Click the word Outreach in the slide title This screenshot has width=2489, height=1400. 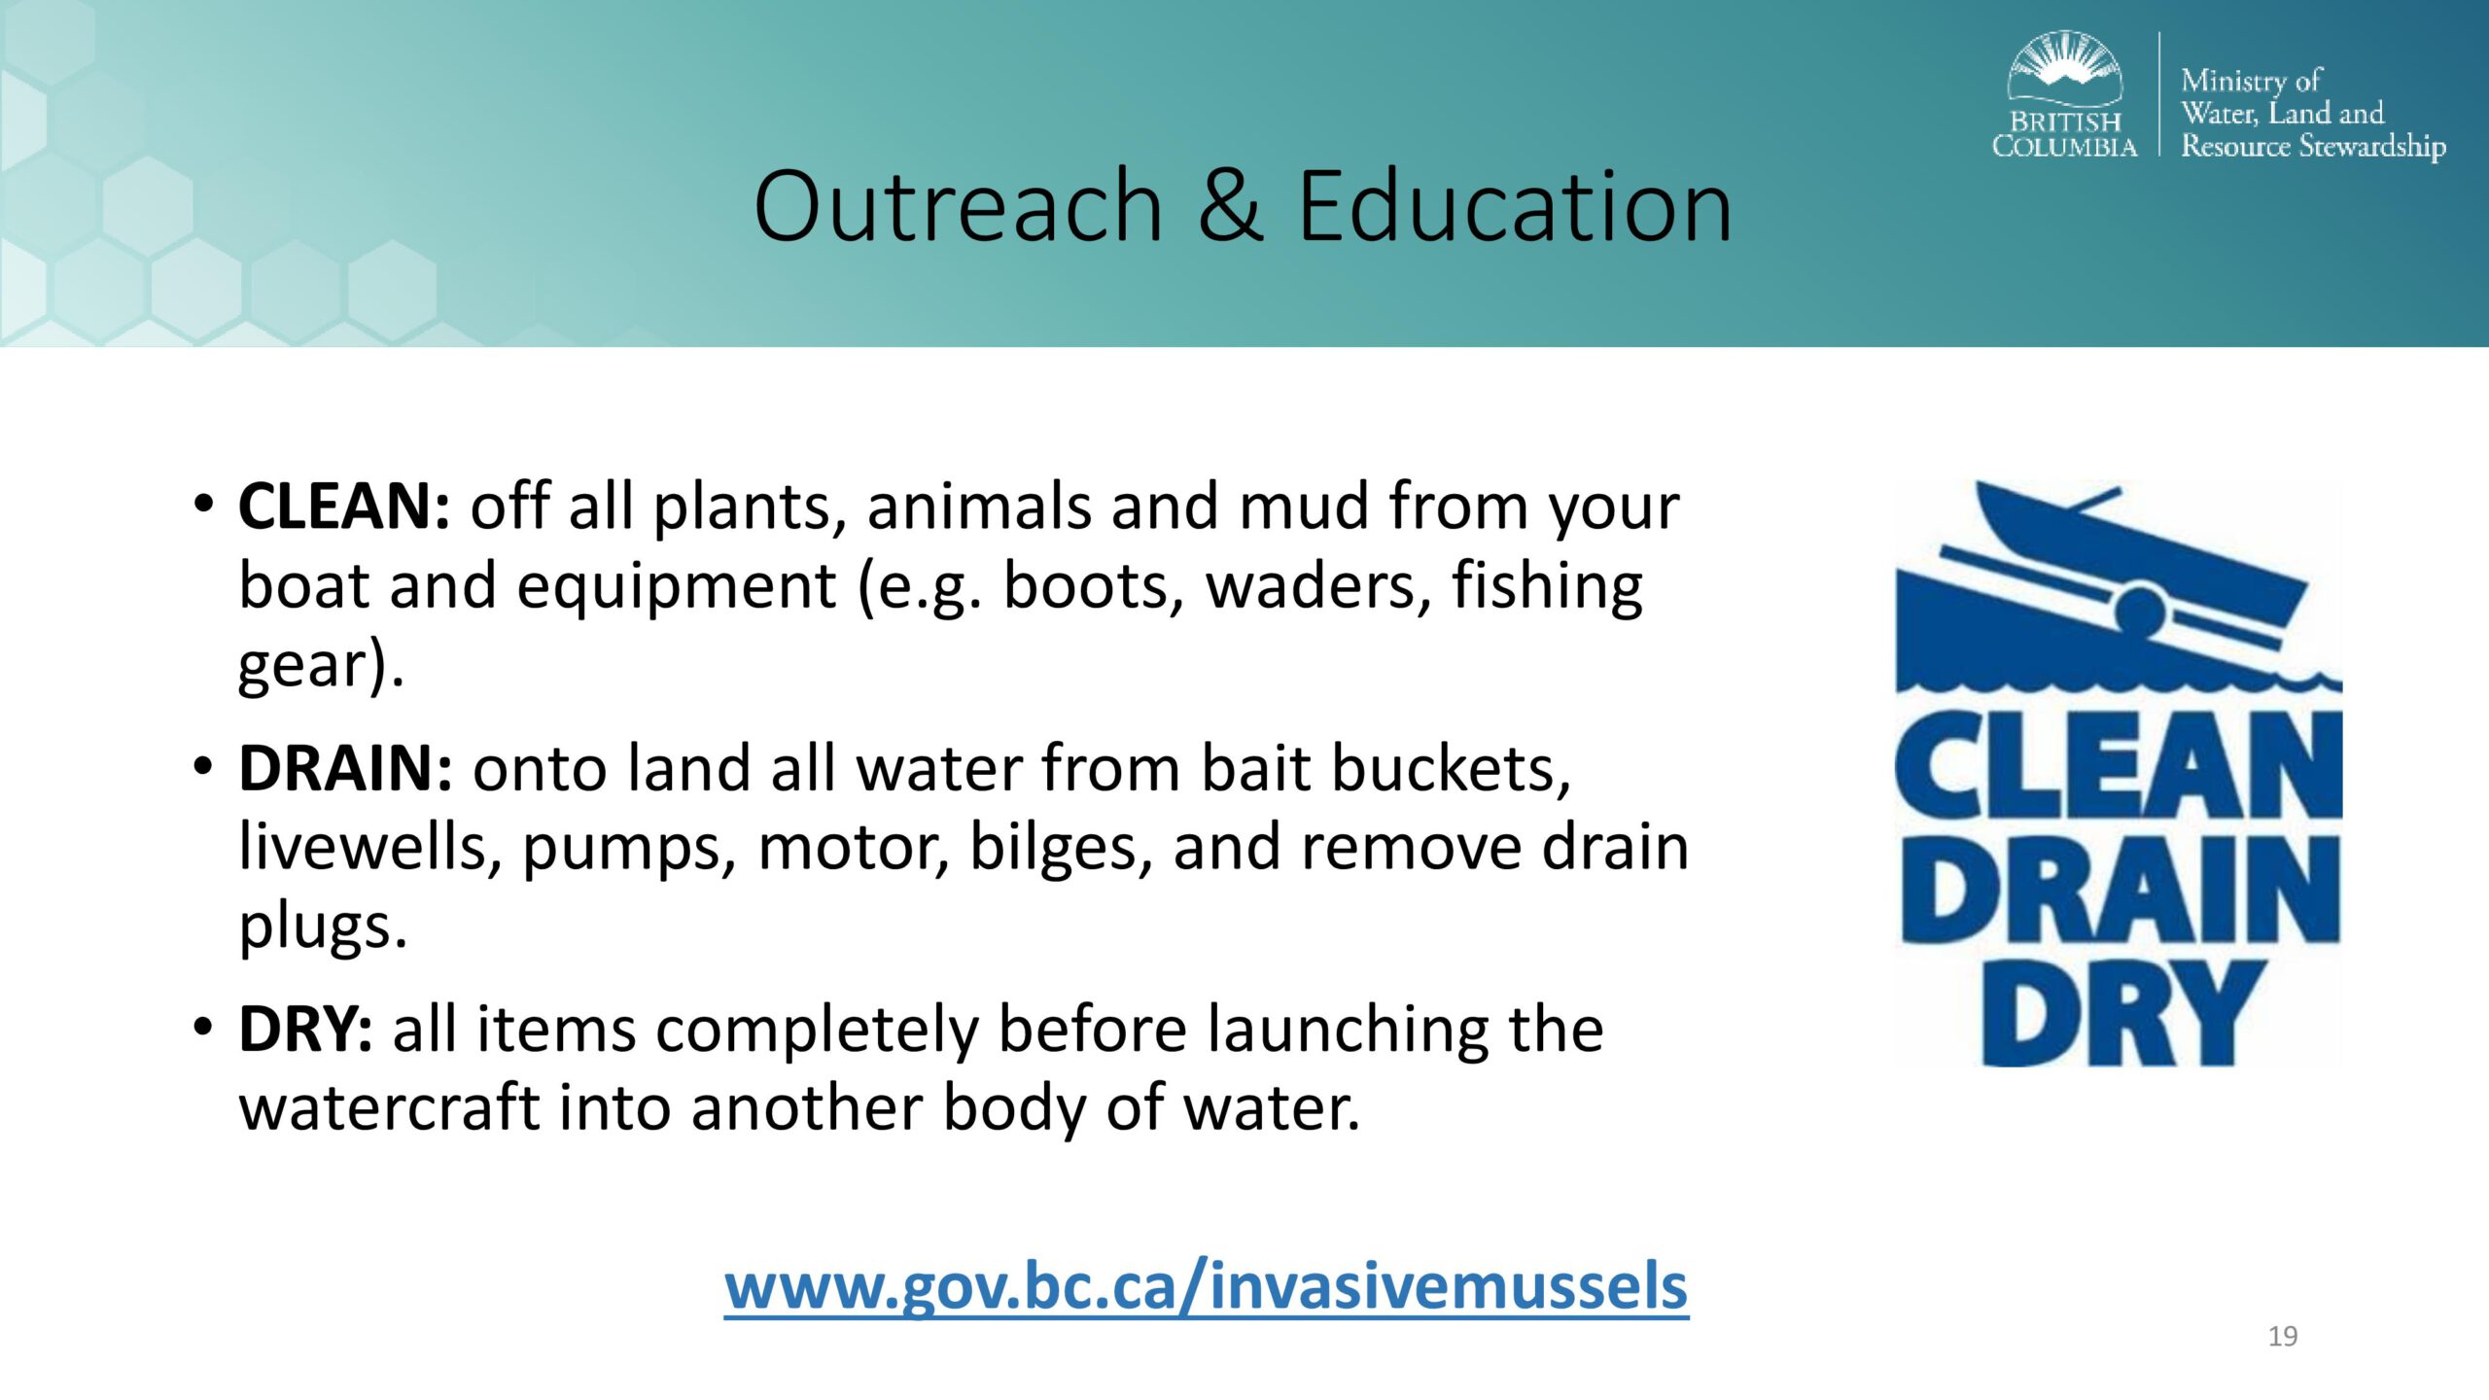[959, 206]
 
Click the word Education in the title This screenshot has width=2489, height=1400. [1515, 206]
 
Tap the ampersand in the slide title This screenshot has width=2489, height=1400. [1231, 206]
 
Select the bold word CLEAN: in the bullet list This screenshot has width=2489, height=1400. [344, 507]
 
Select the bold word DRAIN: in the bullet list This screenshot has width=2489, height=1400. [345, 768]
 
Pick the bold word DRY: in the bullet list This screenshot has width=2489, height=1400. [305, 1030]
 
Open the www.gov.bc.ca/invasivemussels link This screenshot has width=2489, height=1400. [1206, 1286]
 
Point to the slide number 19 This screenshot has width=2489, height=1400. [2282, 1336]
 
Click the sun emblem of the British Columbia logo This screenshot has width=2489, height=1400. [2064, 66]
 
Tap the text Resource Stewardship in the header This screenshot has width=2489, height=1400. [2313, 146]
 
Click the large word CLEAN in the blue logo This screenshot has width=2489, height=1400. [2119, 765]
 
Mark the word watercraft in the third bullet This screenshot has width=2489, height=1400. [389, 1107]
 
